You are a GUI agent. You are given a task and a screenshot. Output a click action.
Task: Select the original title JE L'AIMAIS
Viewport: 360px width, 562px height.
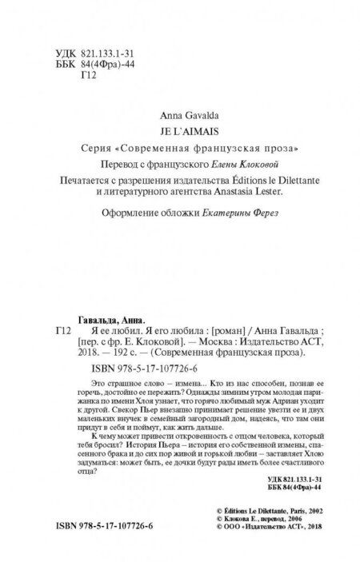pos(179,130)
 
